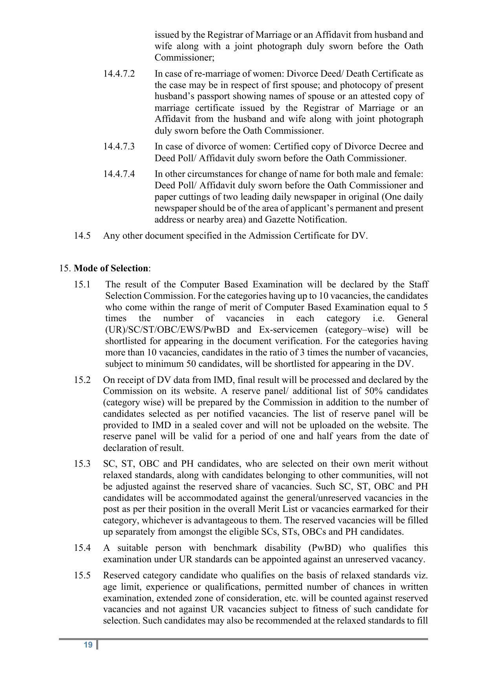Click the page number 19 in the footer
tap(88, 645)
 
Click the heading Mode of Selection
tap(111, 269)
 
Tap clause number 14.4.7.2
tap(119, 74)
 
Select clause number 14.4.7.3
tap(119, 147)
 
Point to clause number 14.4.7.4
tap(119, 174)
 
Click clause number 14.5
tap(82, 236)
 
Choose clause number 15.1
tap(82, 284)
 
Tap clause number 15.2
tap(82, 380)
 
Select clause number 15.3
tap(82, 464)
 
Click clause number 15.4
tap(82, 548)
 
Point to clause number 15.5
tap(82, 576)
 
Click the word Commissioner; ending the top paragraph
tap(185, 58)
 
